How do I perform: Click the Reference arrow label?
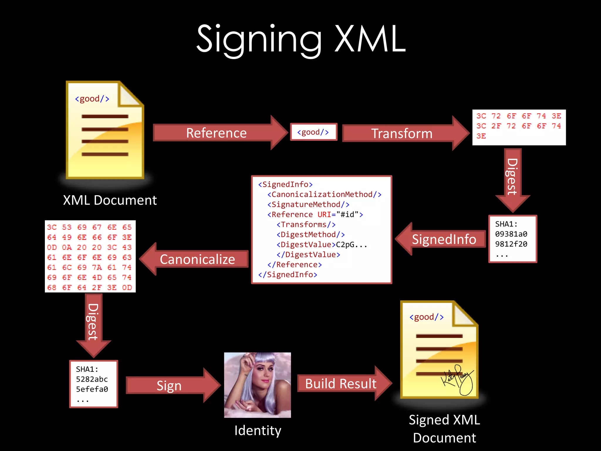217,133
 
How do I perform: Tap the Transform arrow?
402,134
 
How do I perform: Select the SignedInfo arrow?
443,239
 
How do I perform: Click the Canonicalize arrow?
197,259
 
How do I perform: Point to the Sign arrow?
169,386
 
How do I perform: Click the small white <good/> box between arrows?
313,132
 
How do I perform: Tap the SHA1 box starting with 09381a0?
512,239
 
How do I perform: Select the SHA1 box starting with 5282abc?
93,384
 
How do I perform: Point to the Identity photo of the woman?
257,385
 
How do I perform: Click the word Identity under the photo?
258,430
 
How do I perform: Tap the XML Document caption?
110,200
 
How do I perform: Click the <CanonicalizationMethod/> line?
324,194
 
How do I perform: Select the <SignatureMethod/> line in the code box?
308,204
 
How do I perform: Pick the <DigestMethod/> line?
310,235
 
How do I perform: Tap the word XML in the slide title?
370,39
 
